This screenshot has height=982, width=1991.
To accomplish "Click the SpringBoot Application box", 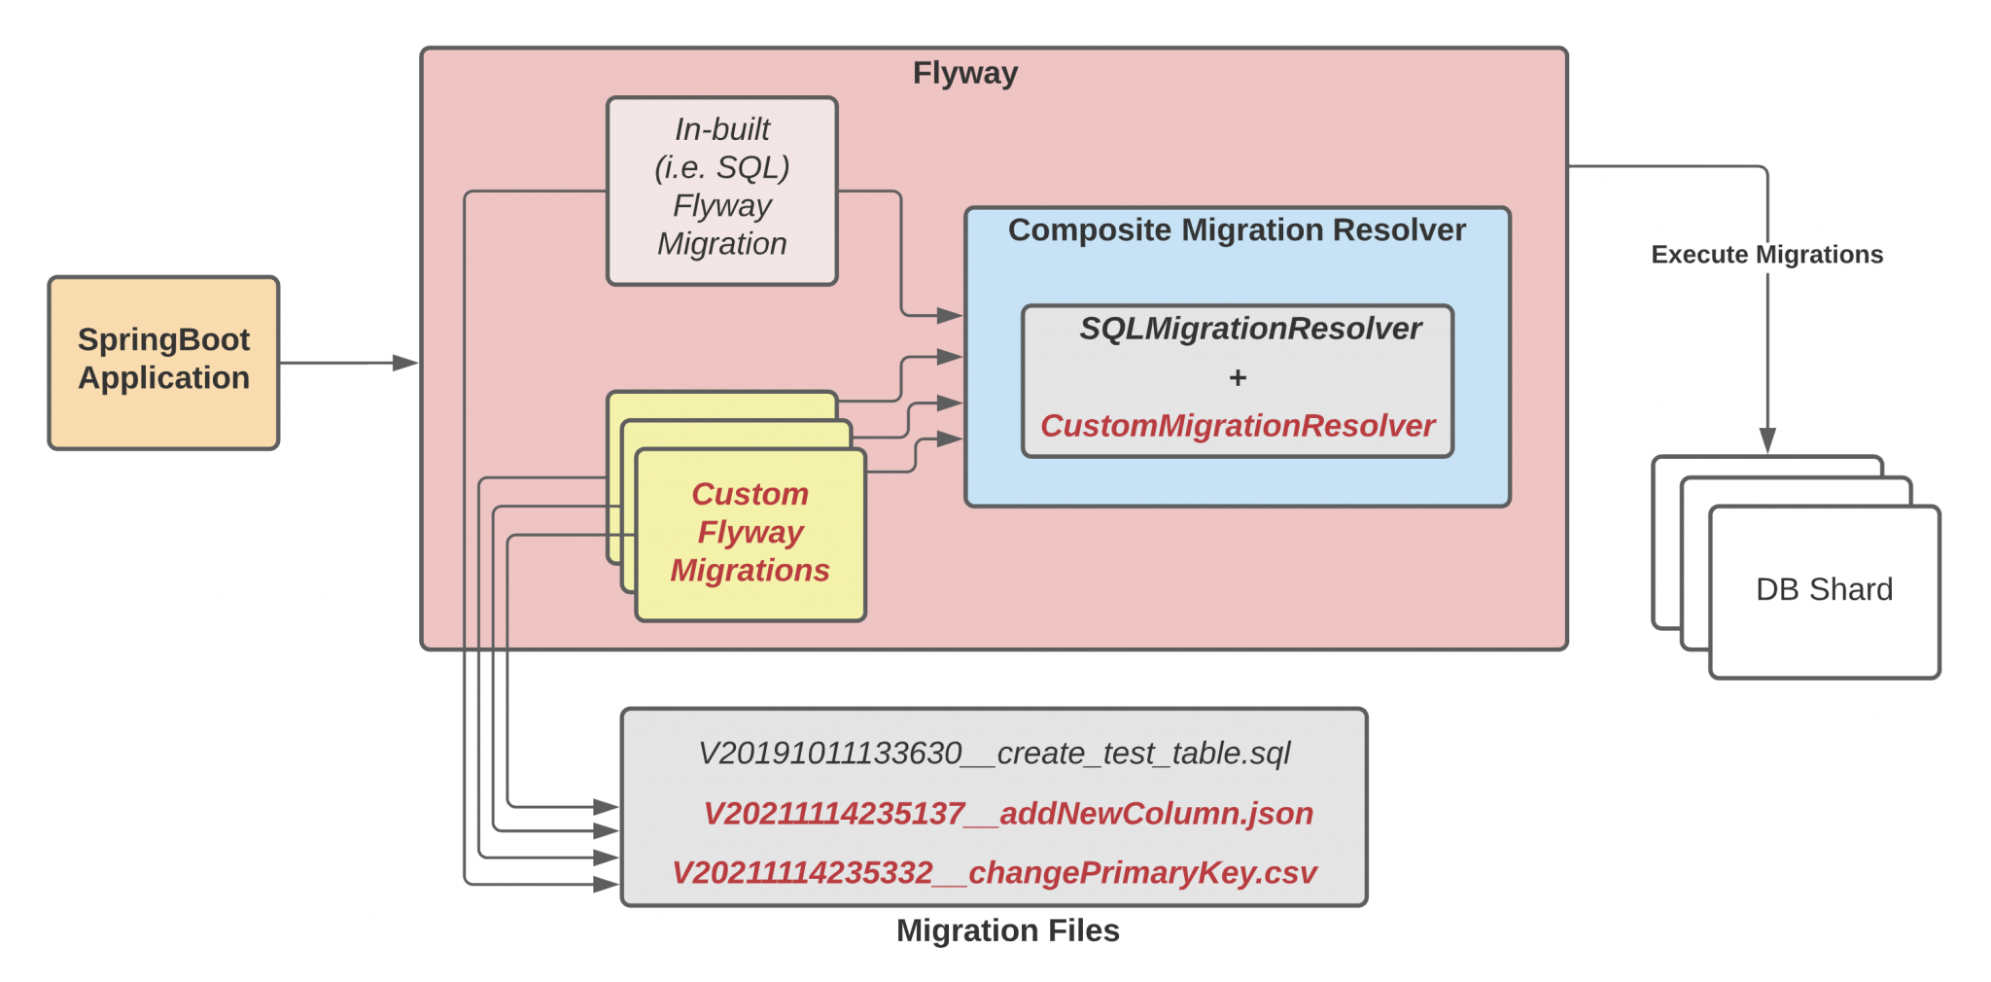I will [163, 362].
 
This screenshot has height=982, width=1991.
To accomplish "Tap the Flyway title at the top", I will [964, 73].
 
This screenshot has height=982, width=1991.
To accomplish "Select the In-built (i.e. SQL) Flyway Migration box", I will [721, 190].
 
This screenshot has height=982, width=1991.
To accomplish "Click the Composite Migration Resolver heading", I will [1237, 230].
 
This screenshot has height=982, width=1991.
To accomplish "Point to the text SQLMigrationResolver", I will [1250, 329].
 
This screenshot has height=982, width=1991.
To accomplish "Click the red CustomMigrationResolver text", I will [1238, 426].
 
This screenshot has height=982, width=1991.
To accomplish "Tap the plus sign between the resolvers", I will [1237, 377].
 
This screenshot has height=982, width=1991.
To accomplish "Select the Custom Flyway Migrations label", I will [750, 532].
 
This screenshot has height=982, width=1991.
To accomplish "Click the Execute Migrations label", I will [1766, 255].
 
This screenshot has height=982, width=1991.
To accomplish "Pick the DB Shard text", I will [1824, 589].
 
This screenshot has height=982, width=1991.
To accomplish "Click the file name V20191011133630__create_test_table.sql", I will [994, 754].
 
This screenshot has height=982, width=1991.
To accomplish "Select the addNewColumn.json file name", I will [1008, 813].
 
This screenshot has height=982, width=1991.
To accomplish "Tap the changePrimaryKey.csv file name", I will [994, 873].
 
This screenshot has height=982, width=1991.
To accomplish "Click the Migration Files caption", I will [1007, 930].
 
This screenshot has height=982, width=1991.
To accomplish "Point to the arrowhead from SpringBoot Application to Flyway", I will [406, 363].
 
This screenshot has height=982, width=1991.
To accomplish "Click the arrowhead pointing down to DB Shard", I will [1767, 440].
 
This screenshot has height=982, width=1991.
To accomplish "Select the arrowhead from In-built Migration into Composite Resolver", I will [949, 315].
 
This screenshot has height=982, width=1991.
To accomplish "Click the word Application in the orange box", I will [163, 378].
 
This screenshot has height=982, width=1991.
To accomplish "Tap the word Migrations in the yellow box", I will [750, 571].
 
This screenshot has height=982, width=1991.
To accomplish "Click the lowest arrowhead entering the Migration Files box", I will [607, 884].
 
